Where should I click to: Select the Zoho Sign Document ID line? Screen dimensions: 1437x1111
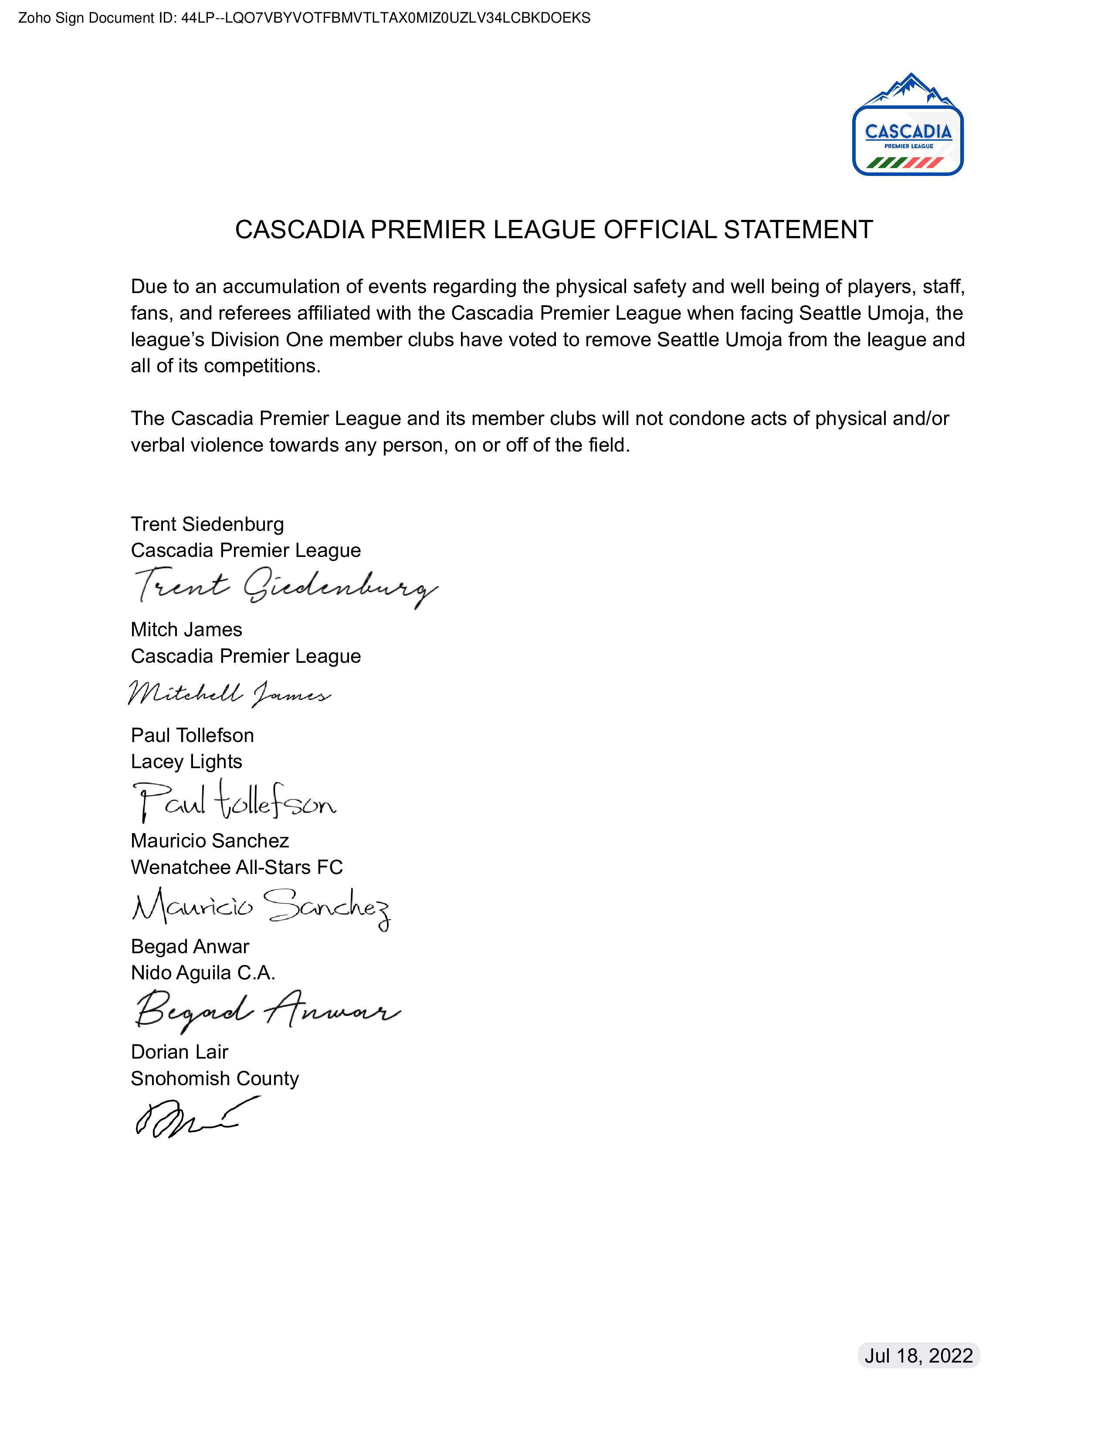click(304, 18)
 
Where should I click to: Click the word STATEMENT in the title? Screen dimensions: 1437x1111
click(798, 229)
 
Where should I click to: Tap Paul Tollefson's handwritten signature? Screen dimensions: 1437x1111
click(234, 801)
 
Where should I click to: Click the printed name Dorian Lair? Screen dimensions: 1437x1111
click(179, 1052)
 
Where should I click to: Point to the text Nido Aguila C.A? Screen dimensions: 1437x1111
click(203, 972)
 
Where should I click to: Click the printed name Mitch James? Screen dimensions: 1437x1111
click(186, 630)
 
